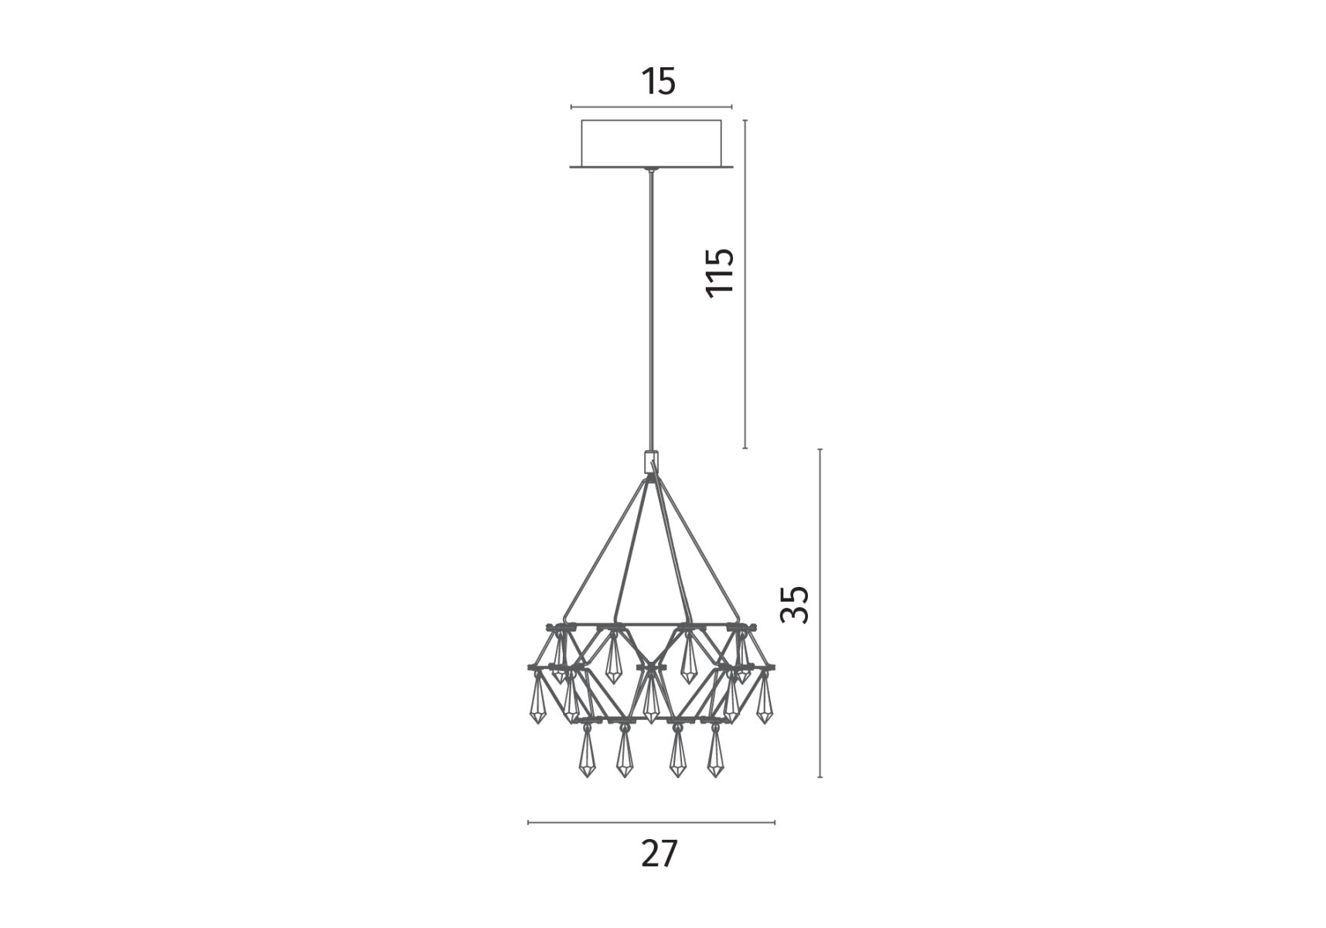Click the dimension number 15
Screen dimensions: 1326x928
click(x=659, y=81)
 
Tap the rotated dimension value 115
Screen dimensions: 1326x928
click(x=720, y=271)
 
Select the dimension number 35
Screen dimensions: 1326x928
click(x=794, y=604)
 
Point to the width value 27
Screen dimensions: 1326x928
click(x=660, y=854)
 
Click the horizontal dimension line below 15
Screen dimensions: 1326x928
click(x=651, y=107)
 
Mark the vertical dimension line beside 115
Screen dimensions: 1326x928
click(x=745, y=284)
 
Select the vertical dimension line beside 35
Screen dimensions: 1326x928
click(x=820, y=612)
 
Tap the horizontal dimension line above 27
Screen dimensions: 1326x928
click(x=651, y=823)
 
